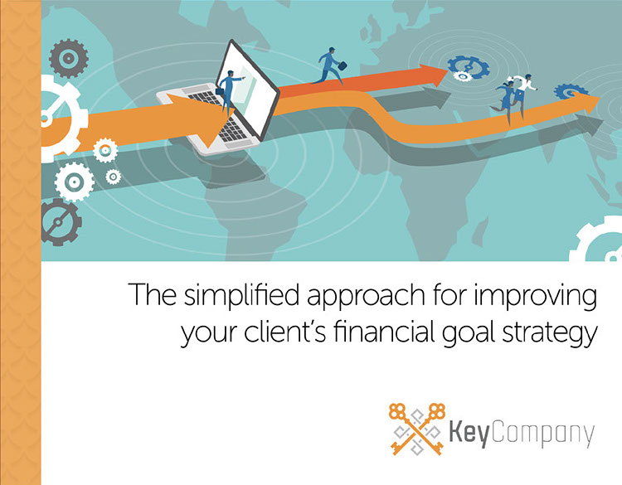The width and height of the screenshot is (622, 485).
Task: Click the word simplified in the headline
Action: coord(241,295)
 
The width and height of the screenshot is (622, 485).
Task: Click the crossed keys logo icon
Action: coord(416,429)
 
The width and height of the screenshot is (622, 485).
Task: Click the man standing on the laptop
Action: coord(229,92)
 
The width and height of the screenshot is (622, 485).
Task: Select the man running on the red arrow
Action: coord(329,65)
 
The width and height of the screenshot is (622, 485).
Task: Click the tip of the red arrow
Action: coord(448,70)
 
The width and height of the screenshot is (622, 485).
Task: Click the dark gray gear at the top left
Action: coord(69,58)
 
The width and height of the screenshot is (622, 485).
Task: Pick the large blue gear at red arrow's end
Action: coord(469,66)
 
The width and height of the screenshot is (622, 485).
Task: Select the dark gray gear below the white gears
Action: coord(61,222)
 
